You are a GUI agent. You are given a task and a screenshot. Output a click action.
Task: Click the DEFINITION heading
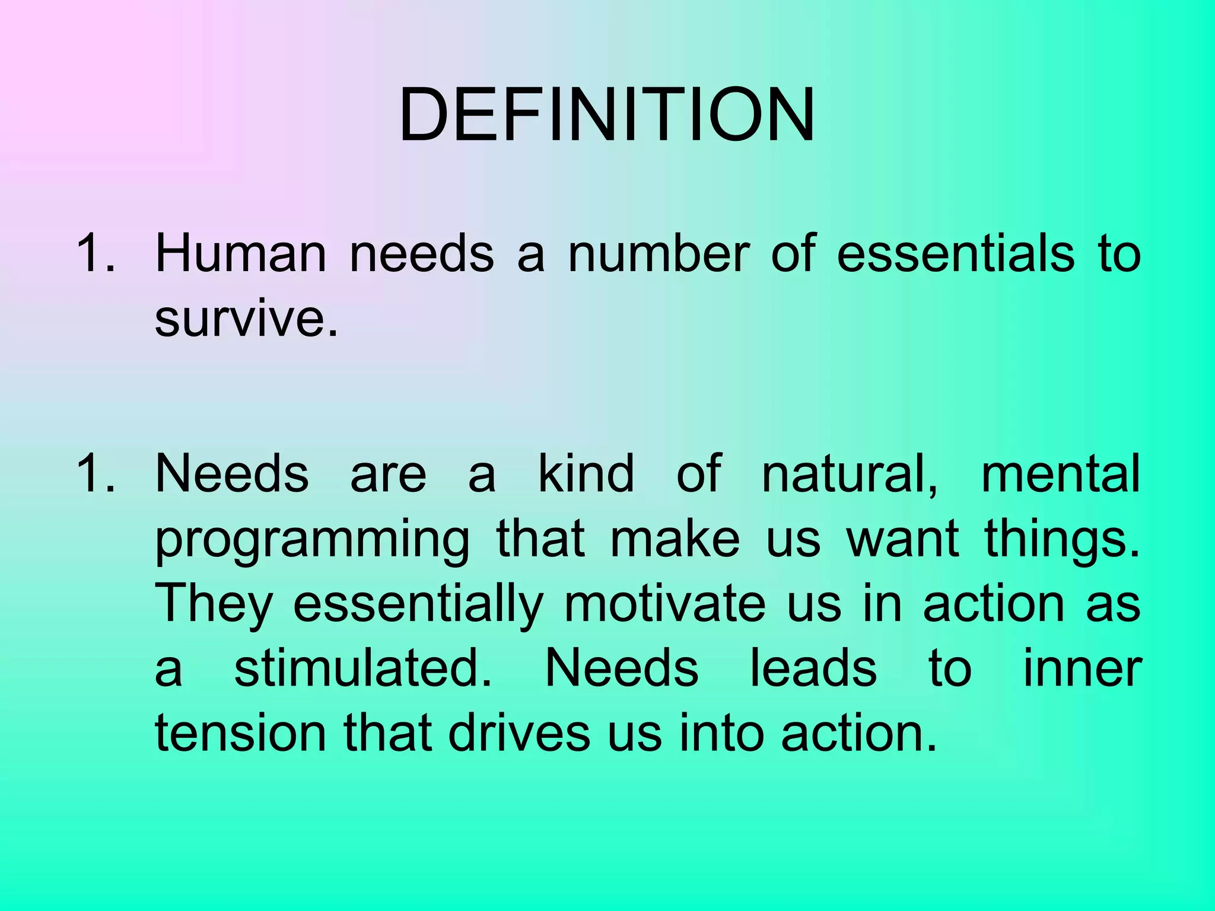point(607,115)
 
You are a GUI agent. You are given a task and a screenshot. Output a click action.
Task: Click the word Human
point(240,254)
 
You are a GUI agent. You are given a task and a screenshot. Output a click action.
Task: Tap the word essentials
point(956,254)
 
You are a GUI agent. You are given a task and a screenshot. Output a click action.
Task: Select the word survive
point(246,318)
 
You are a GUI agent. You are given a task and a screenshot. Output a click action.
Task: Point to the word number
point(659,254)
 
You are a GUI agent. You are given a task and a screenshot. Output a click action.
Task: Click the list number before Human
point(95,254)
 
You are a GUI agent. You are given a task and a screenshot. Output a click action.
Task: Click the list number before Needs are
point(95,473)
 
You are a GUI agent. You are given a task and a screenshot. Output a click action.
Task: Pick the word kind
point(586,473)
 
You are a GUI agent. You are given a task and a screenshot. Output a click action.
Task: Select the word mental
point(1061,473)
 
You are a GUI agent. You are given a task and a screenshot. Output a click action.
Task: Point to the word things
point(1062,539)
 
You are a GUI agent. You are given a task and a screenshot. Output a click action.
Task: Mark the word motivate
point(664,604)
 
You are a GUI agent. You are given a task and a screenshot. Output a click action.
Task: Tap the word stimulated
point(363,669)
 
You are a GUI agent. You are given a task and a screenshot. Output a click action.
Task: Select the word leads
point(813,669)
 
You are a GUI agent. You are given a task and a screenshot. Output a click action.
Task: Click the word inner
point(1082,669)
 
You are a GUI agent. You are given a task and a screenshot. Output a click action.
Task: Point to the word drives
point(519,734)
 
